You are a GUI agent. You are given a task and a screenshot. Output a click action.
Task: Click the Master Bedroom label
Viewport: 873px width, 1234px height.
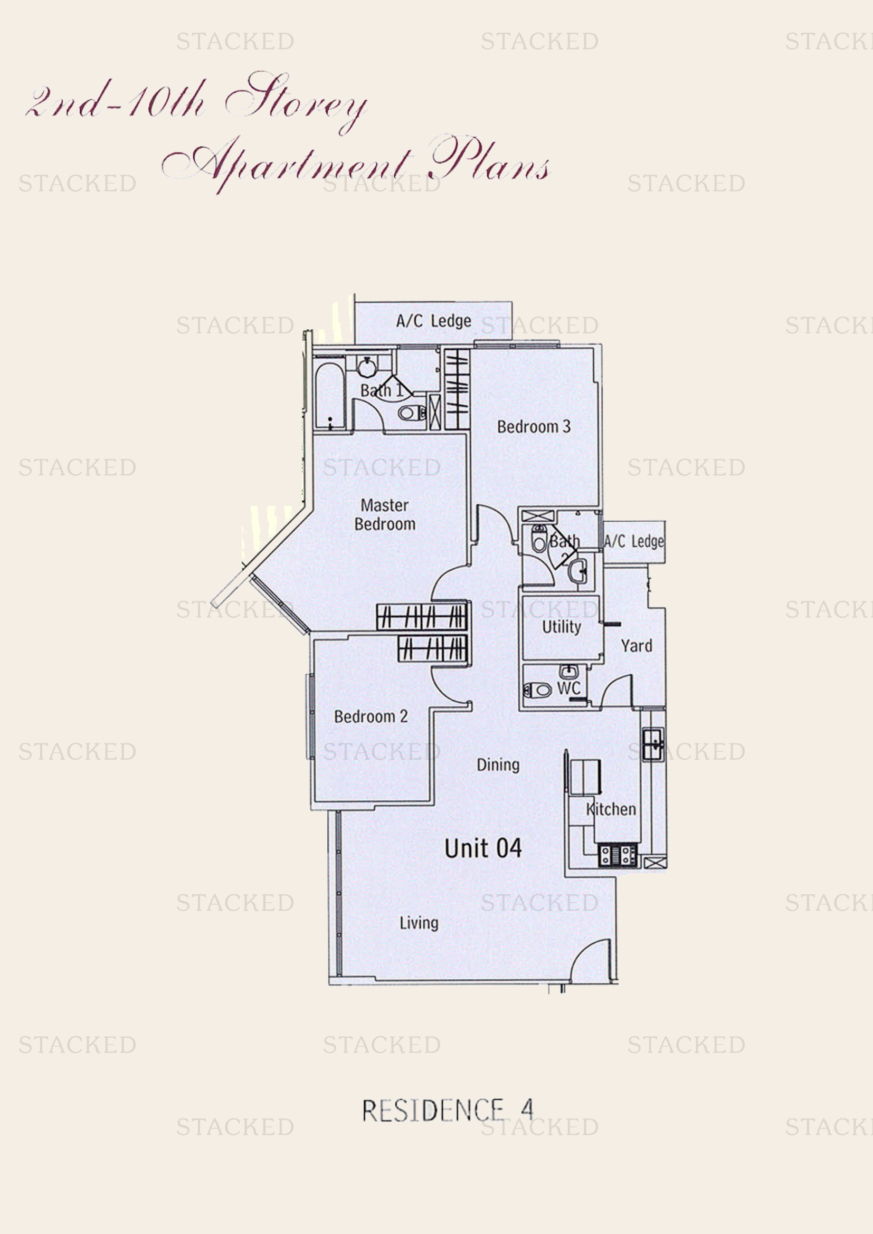point(385,514)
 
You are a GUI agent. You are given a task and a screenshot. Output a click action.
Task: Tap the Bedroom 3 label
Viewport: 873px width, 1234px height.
point(533,427)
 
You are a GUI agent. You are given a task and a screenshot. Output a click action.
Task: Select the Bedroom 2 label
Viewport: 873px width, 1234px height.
point(371,716)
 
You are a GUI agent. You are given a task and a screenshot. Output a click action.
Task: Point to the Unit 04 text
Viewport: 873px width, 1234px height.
point(483,849)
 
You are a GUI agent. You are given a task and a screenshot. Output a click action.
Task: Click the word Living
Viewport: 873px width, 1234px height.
point(419,923)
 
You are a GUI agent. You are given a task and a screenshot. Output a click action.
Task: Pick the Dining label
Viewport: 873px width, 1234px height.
point(498,765)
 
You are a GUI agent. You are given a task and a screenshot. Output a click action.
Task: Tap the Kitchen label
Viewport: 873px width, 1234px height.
point(611,809)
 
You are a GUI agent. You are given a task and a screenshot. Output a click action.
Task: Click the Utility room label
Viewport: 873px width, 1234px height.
point(561,627)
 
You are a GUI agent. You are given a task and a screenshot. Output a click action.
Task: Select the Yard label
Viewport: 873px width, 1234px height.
point(637,645)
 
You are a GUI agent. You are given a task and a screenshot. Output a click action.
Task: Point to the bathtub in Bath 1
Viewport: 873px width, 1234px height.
point(329,396)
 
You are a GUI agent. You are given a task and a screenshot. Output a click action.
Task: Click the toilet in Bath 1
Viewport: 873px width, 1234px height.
point(411,413)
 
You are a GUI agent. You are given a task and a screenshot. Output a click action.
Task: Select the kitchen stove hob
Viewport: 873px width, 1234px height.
point(618,855)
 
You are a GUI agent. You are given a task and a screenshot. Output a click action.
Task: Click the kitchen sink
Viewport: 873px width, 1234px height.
point(653,744)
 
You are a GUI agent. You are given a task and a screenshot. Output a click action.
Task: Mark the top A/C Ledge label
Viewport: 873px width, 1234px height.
point(433,321)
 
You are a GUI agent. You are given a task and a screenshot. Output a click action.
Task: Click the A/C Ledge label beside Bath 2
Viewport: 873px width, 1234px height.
point(634,541)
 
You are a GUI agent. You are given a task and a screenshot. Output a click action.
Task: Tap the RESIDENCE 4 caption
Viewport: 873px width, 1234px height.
point(447,1111)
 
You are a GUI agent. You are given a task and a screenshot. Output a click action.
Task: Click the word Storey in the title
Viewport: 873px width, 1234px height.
point(297,99)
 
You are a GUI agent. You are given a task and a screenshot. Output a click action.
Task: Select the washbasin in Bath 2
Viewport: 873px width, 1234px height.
point(577,570)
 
